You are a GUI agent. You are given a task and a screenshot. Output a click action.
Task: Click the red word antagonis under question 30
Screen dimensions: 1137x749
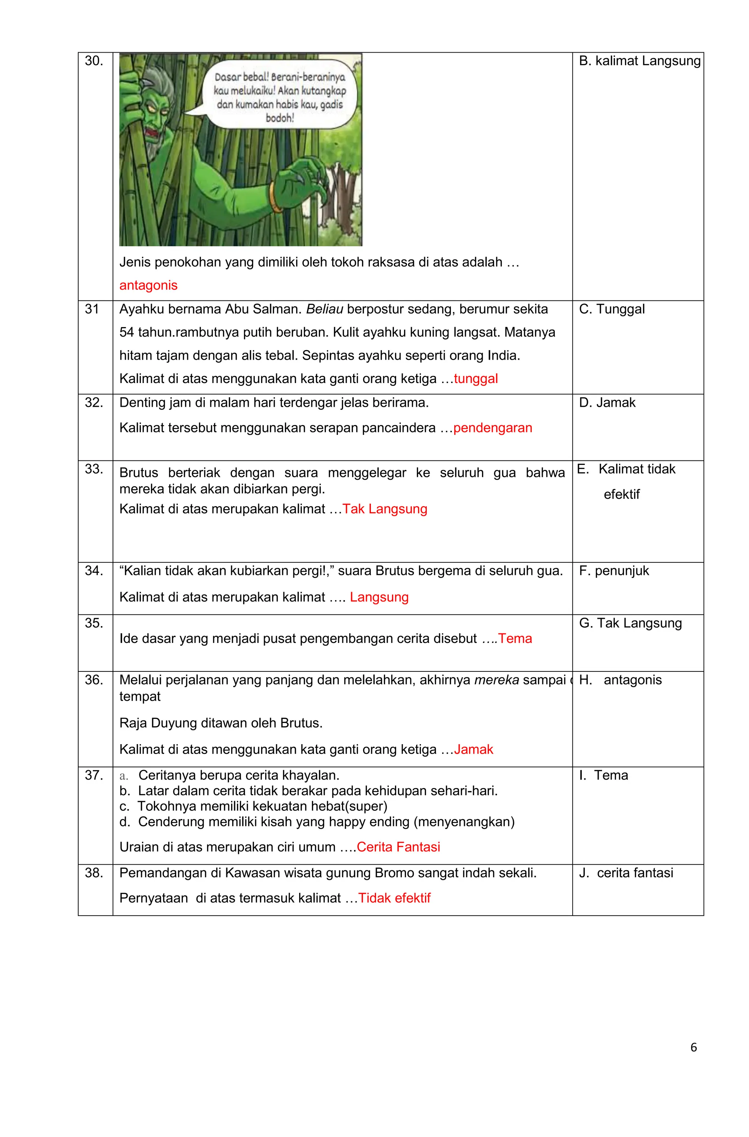[x=148, y=285]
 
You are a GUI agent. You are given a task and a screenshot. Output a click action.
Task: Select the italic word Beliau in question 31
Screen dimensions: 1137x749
[x=324, y=309]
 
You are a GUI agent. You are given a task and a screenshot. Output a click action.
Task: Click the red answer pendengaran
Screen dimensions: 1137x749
[x=492, y=428]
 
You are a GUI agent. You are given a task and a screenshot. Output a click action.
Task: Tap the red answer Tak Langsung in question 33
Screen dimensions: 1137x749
[x=385, y=509]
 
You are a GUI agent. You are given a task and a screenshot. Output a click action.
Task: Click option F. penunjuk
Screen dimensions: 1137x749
[x=614, y=571]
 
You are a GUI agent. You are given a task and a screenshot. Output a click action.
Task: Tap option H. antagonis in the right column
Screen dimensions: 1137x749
[x=620, y=680]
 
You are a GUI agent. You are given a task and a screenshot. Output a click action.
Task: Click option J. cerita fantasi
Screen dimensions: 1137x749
[x=626, y=873]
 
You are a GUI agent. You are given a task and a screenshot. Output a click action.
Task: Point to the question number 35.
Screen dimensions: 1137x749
[x=94, y=623]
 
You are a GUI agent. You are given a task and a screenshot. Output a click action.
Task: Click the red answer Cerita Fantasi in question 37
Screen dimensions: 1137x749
[x=398, y=847]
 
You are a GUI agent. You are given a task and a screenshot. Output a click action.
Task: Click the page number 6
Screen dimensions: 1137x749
[x=693, y=1047]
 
